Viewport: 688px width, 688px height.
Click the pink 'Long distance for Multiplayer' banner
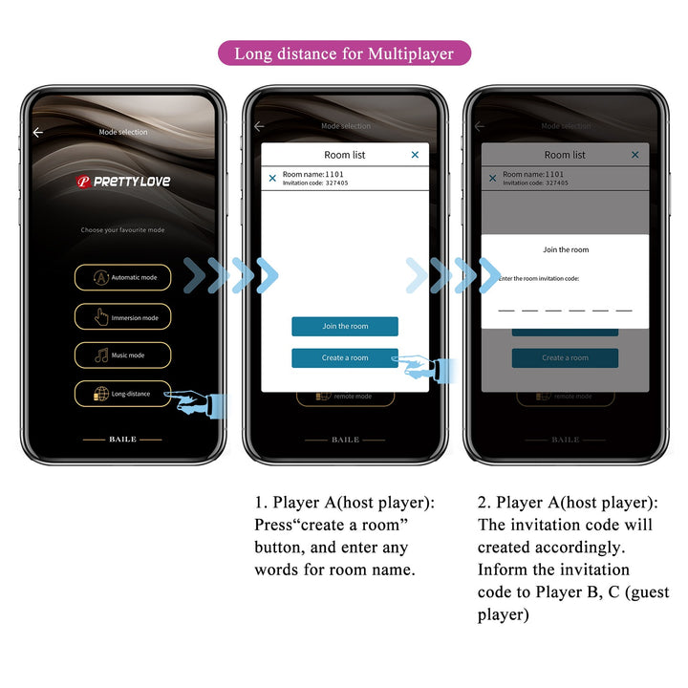344,54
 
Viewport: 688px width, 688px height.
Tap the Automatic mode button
123,277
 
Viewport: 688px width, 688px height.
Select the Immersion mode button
123,317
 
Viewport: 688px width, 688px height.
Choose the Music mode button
123,355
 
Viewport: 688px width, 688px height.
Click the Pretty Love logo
123,182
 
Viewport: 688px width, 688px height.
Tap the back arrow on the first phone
38,133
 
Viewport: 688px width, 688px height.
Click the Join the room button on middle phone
344,326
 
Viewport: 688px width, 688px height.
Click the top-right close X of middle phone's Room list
415,155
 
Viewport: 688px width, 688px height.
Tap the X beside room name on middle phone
272,178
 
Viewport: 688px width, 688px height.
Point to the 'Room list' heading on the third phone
565,155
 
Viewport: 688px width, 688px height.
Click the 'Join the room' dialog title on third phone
566,250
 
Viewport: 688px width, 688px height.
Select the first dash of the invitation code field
506,311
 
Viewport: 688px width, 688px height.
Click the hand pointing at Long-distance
201,402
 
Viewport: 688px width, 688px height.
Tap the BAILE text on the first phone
122,440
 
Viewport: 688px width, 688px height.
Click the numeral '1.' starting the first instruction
260,503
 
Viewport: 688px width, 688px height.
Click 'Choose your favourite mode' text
122,230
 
